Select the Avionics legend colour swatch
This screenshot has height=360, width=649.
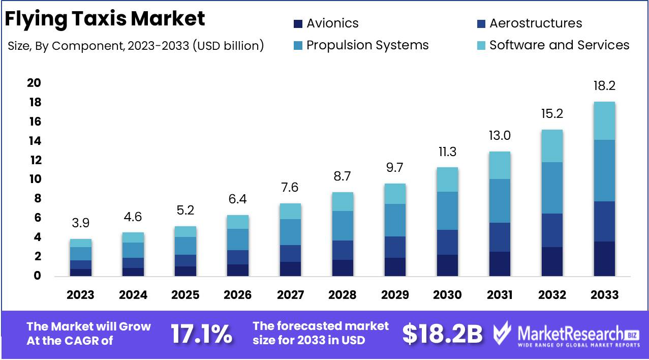(298, 23)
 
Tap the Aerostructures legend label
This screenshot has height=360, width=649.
(536, 23)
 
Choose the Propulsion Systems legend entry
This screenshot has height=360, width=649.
(367, 45)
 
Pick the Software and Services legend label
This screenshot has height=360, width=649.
(559, 45)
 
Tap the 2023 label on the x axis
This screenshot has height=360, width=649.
(81, 295)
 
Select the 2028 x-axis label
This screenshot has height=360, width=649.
(343, 295)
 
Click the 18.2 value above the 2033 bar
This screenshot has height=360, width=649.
(604, 86)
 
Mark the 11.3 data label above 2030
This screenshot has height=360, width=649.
(448, 152)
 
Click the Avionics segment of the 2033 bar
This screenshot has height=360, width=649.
(604, 259)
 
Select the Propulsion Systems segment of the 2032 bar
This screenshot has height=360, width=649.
(552, 188)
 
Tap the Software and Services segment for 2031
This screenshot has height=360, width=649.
(500, 165)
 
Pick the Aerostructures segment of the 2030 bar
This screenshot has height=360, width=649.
(448, 242)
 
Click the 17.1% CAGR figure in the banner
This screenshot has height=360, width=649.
(201, 334)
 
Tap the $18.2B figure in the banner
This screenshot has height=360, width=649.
(442, 334)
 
